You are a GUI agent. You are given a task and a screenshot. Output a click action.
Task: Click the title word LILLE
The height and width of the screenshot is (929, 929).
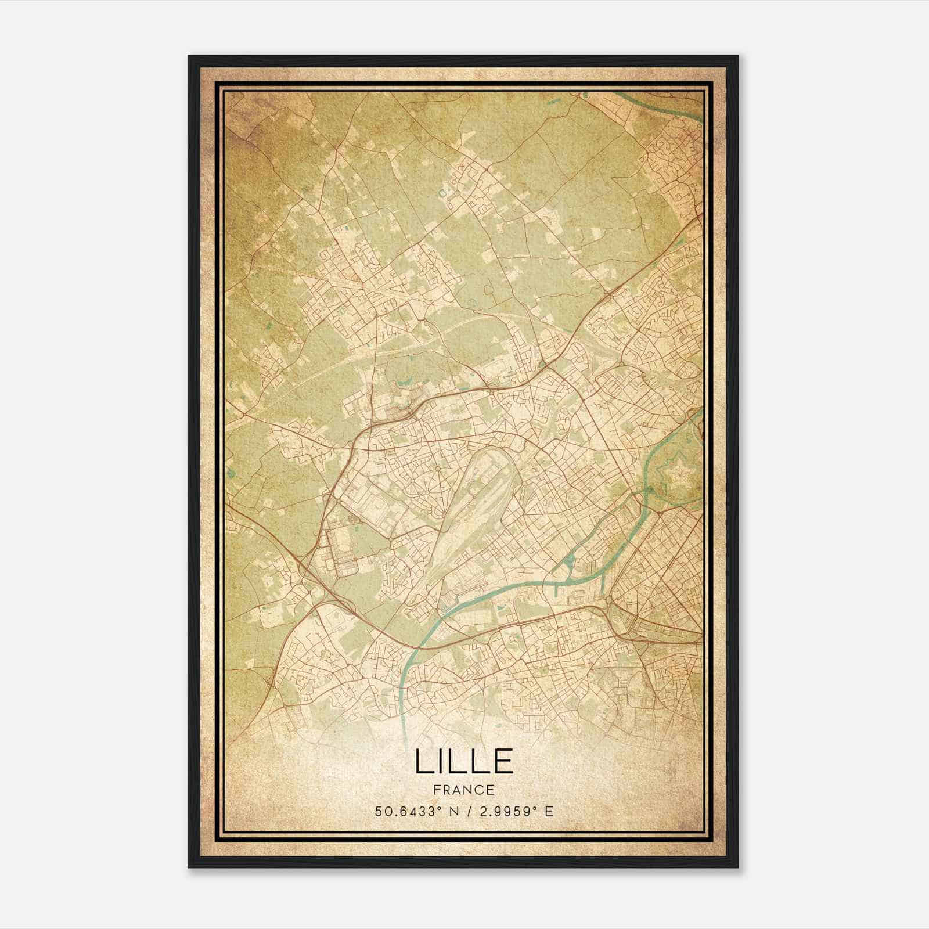464,761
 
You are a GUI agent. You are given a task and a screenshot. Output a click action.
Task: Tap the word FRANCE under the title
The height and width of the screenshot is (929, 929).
464,790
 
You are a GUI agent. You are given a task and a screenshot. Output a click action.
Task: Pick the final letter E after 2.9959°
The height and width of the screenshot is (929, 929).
549,811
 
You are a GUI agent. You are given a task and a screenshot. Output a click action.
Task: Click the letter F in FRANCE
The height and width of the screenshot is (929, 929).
437,790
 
